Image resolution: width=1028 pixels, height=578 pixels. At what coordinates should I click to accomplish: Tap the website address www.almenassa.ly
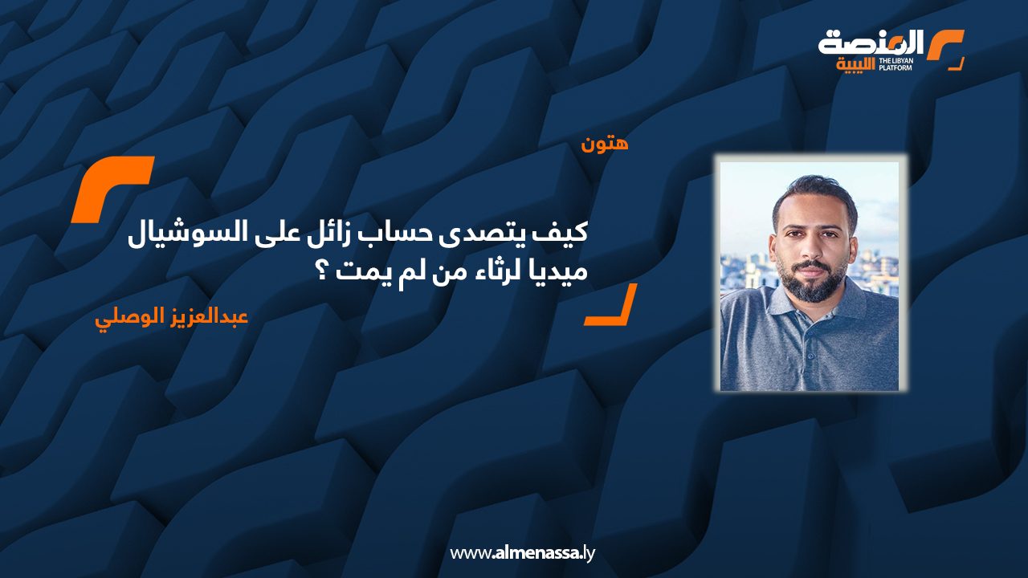[x=522, y=552]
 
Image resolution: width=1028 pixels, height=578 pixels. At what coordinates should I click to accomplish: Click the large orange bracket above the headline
[x=112, y=189]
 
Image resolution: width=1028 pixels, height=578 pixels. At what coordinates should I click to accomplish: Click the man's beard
[x=814, y=281]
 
